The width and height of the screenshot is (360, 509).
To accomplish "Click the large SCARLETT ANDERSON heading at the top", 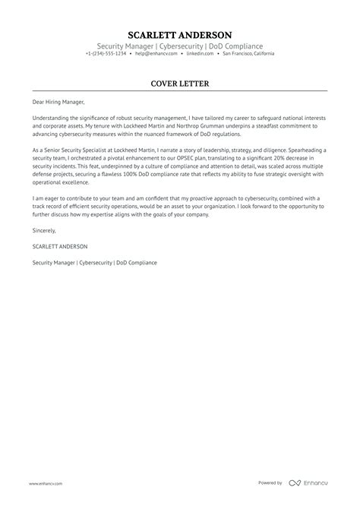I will tap(180, 35).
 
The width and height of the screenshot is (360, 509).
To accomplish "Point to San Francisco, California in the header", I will tap(245, 54).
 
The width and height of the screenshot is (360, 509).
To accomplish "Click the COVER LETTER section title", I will tap(180, 83).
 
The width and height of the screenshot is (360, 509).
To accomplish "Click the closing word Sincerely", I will tap(44, 230).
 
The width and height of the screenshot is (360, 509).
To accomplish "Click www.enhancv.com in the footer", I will tap(46, 482).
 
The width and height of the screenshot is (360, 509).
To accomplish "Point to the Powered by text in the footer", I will tap(270, 482).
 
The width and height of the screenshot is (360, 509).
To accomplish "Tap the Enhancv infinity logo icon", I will tap(295, 482).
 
